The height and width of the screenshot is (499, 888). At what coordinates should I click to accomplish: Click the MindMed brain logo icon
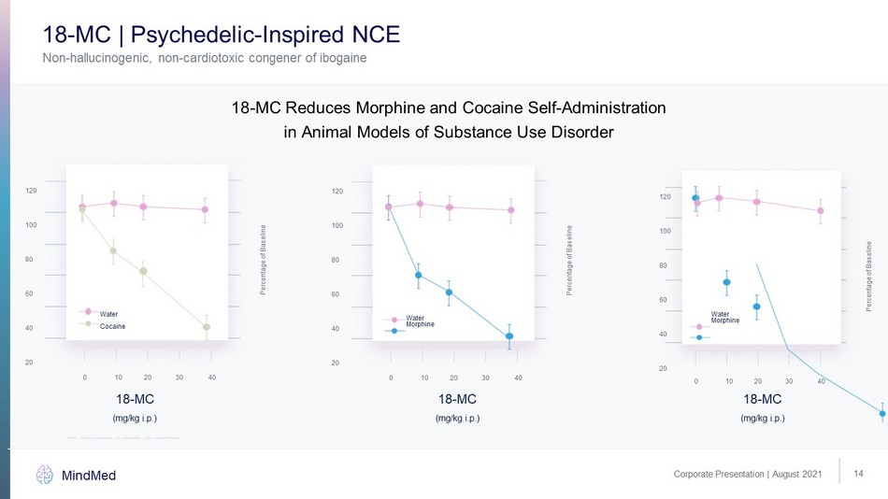pyautogui.click(x=45, y=475)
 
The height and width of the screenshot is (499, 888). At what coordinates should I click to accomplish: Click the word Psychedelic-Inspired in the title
pyautogui.click(x=238, y=36)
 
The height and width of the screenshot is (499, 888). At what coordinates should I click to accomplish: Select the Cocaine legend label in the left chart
pyautogui.click(x=112, y=326)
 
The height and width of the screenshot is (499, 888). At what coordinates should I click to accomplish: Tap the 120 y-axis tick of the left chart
pyautogui.click(x=32, y=191)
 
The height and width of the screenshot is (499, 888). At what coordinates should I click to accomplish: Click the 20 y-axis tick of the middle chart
pyautogui.click(x=336, y=363)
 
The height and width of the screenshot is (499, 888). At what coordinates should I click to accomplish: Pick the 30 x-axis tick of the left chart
pyautogui.click(x=179, y=378)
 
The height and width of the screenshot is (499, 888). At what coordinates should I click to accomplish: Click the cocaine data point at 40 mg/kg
pyautogui.click(x=207, y=327)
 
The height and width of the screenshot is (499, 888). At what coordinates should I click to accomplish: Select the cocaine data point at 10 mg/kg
pyautogui.click(x=113, y=250)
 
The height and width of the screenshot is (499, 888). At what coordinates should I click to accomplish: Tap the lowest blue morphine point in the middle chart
pyautogui.click(x=509, y=336)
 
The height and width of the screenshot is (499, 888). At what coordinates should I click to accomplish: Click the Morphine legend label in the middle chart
pyautogui.click(x=421, y=324)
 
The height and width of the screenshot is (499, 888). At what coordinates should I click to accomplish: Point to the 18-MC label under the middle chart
pyautogui.click(x=458, y=399)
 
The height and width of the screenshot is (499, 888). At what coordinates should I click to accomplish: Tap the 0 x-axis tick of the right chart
pyautogui.click(x=695, y=382)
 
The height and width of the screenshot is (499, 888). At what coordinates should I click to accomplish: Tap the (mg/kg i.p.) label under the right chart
pyautogui.click(x=763, y=418)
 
